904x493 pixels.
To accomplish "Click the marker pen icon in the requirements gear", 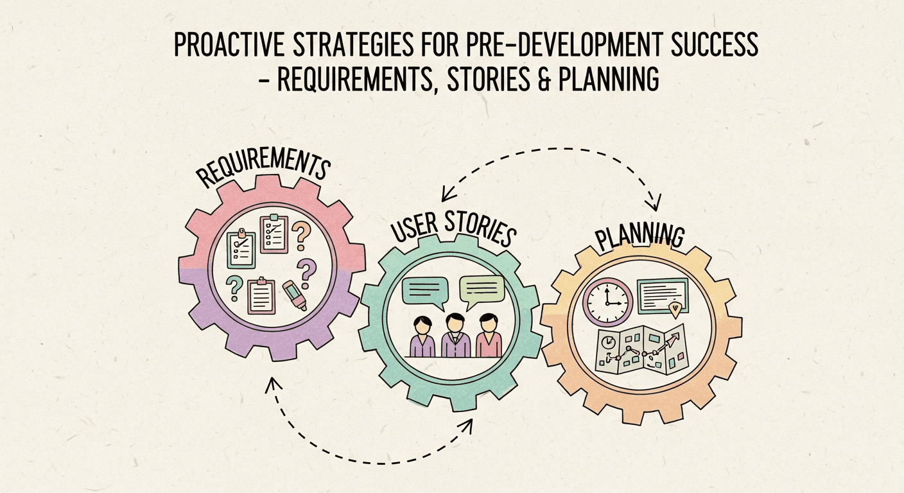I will coord(294,295).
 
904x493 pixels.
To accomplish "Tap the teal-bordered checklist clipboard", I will coord(241,249).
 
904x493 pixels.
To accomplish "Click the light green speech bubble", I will coord(482,291).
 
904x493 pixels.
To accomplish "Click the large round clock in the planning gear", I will coord(608,302).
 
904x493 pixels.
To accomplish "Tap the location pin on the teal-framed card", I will coord(674,310).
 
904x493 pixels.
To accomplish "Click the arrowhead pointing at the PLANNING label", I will coord(654,205).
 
